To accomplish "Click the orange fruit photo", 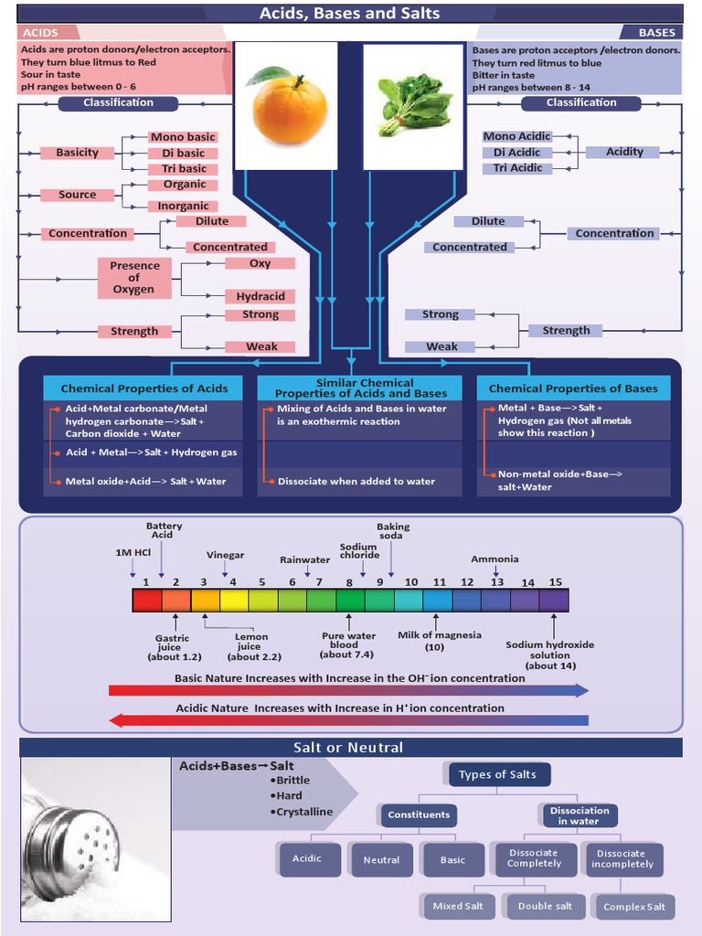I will point(288,108).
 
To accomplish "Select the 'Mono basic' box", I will point(183,137).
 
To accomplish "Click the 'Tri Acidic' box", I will point(517,168).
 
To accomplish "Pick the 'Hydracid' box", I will point(261,296).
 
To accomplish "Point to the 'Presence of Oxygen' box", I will point(134,278).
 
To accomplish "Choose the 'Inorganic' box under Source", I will point(183,207).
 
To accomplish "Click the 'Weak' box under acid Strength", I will point(261,346).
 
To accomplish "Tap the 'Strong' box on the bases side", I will point(440,314).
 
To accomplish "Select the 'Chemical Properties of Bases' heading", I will point(573,388).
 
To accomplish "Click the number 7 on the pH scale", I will point(319,582).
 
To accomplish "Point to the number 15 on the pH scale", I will point(555,582).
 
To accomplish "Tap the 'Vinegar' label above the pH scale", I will point(225,556).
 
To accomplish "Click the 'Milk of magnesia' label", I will point(439,635).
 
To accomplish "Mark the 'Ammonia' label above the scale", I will point(495,559).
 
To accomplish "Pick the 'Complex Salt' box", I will point(634,907).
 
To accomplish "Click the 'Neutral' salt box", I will point(381,859).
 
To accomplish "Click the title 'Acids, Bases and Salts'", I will point(350,14).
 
